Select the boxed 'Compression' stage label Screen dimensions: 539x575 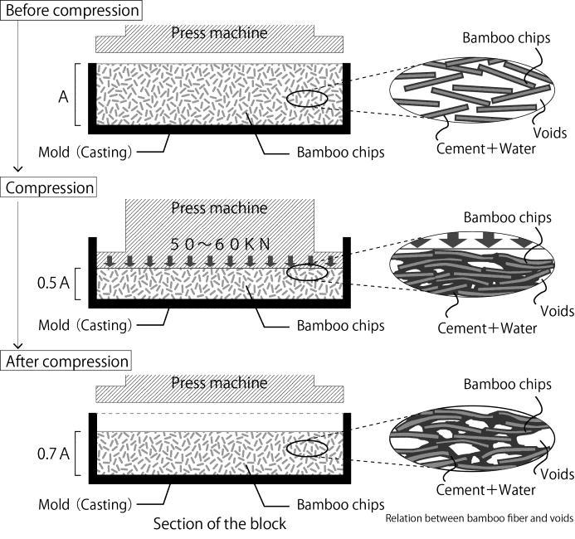pos(50,187)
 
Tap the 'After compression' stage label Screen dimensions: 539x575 pos(67,362)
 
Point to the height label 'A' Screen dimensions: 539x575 pos(62,96)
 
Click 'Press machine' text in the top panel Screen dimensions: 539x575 pos(219,34)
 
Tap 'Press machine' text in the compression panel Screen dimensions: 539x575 pos(219,207)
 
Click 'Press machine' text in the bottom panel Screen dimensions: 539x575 pos(219,383)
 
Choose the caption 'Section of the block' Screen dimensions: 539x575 pos(220,523)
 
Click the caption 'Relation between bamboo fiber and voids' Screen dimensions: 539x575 pos(480,519)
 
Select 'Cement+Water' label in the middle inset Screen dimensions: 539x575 pos(487,328)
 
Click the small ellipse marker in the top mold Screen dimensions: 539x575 pos(308,100)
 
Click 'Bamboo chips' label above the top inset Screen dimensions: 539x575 pos(506,38)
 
